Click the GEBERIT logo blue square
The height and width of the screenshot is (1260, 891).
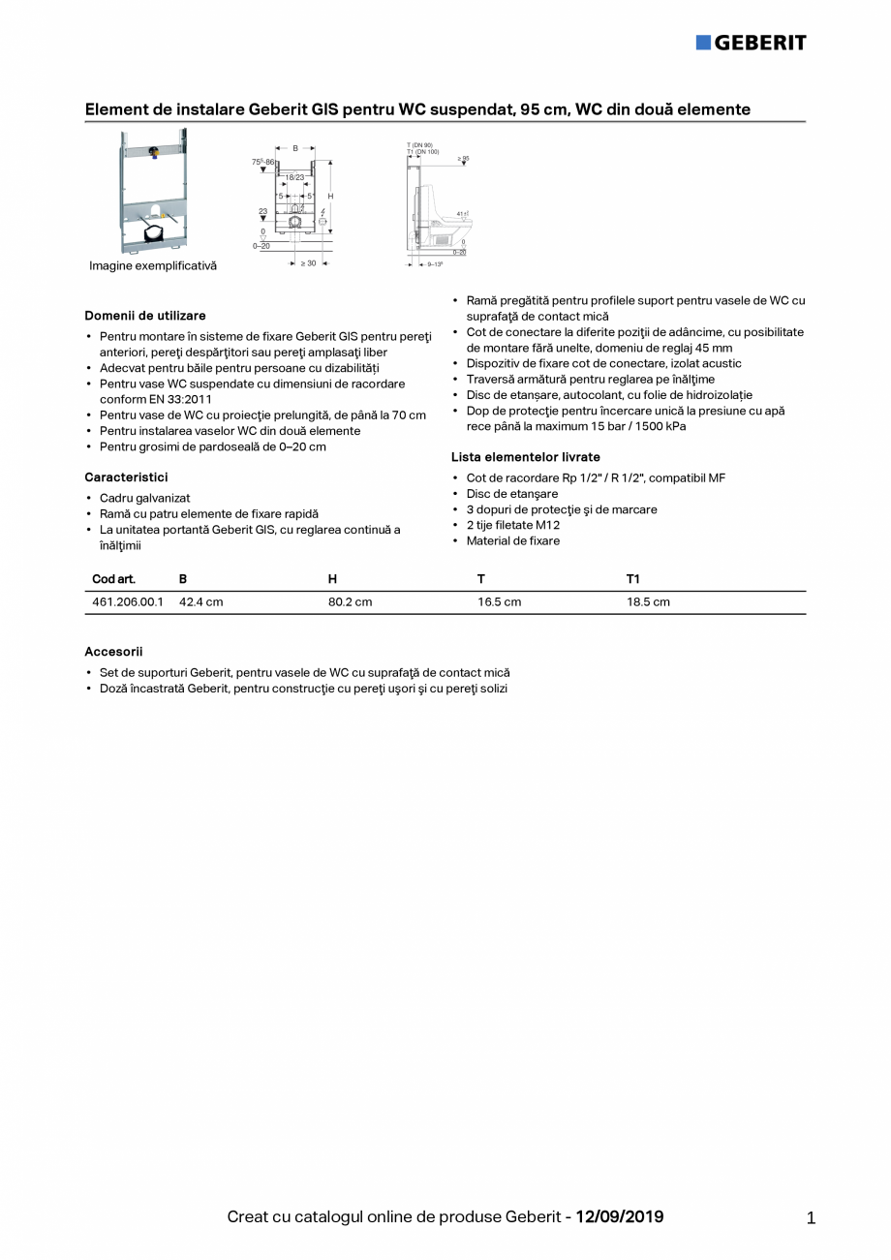[703, 42]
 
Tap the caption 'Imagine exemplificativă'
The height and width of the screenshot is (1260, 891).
[153, 265]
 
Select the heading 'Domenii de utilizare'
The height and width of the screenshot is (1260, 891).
[145, 316]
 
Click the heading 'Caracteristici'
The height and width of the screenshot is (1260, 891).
[126, 477]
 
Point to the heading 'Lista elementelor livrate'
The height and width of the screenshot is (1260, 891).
[525, 457]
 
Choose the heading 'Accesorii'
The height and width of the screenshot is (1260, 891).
[113, 652]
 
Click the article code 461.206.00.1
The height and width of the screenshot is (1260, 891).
[128, 602]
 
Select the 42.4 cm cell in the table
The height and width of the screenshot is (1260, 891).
[200, 602]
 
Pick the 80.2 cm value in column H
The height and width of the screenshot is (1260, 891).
[350, 602]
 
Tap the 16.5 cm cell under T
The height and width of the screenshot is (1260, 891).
[499, 602]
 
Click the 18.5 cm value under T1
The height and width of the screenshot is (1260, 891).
[648, 602]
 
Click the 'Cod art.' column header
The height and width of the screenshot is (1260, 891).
[113, 579]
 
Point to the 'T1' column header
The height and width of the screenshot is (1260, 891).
[632, 579]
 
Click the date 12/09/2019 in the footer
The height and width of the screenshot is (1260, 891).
[620, 1216]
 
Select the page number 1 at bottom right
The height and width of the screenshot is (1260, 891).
[811, 1218]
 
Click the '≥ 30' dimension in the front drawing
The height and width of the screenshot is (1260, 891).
[308, 262]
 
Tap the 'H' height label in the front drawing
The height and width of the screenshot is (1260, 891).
[330, 197]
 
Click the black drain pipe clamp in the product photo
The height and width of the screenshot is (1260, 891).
[152, 233]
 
